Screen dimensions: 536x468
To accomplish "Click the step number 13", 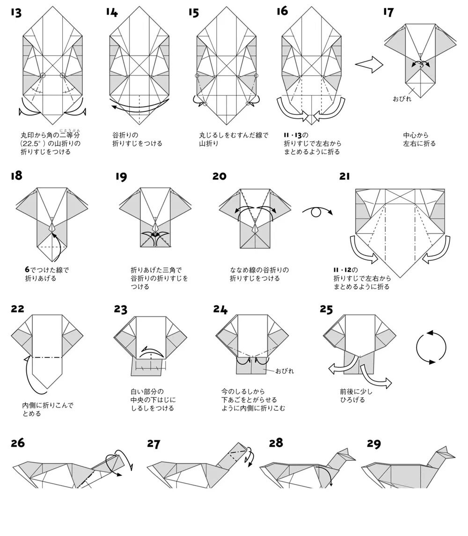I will click(x=16, y=12).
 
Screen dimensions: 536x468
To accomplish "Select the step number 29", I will click(x=373, y=443).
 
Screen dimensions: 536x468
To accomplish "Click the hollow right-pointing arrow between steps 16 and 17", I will click(x=369, y=64).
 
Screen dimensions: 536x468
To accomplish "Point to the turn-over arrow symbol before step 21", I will click(x=317, y=212).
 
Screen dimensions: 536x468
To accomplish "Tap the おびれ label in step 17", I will click(x=402, y=99).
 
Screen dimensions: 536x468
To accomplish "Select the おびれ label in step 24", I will click(x=285, y=371).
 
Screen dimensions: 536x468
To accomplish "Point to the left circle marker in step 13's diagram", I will click(x=43, y=75).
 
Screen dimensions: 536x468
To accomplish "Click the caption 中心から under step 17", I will click(x=416, y=136).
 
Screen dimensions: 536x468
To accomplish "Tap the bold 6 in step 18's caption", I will click(x=27, y=270).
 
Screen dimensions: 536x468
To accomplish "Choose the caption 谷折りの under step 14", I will click(x=126, y=136).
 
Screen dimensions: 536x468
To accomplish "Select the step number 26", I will click(x=18, y=443).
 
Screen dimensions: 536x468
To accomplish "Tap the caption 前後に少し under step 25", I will click(x=356, y=392).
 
